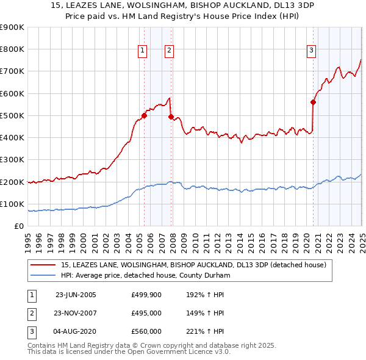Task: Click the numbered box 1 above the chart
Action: point(142,51)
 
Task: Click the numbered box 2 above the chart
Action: point(169,51)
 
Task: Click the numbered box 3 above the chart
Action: point(311,51)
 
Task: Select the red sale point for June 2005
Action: point(145,115)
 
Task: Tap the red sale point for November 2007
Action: point(171,117)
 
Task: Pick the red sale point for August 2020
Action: point(313,103)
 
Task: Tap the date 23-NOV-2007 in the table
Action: point(76,313)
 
